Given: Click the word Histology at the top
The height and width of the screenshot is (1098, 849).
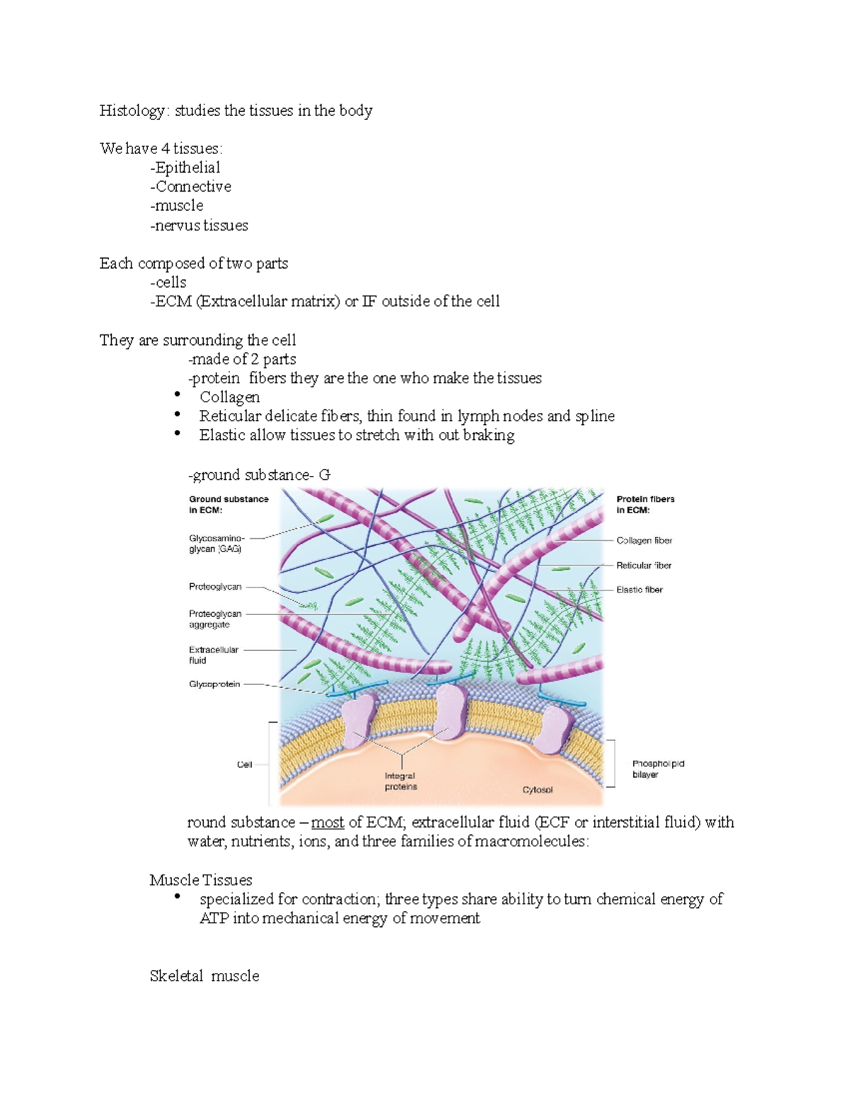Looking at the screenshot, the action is [x=132, y=111].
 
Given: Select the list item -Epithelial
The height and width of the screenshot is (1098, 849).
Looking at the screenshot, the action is [x=185, y=168].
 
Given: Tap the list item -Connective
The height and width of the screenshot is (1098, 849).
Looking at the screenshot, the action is [x=191, y=187].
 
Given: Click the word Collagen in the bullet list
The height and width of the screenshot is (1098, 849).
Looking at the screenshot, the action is [x=229, y=397].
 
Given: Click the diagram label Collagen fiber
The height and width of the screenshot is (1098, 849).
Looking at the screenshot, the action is [x=644, y=541].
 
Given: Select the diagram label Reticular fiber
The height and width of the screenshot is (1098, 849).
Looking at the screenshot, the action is [x=644, y=566].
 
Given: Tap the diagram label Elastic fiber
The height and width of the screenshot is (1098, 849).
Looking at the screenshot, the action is [x=640, y=590].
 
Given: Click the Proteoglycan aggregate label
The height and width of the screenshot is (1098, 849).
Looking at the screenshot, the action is [x=215, y=619].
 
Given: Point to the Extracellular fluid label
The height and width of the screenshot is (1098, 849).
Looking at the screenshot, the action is [x=213, y=655].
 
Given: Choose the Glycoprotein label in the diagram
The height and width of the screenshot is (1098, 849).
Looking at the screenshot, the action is [x=214, y=684].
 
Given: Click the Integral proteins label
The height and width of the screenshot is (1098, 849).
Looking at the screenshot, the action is [x=400, y=781].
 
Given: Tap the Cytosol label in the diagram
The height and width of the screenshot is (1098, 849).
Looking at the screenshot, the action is [x=538, y=790].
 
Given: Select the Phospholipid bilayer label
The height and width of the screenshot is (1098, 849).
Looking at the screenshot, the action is [x=658, y=769].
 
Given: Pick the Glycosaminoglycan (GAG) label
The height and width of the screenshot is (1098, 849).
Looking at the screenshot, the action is [x=216, y=544].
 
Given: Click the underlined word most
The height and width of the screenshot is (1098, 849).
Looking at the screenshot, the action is [x=328, y=823].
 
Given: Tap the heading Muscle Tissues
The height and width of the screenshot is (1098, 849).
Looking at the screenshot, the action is [x=201, y=880].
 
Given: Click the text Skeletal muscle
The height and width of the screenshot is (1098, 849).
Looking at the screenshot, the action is [x=204, y=976].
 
